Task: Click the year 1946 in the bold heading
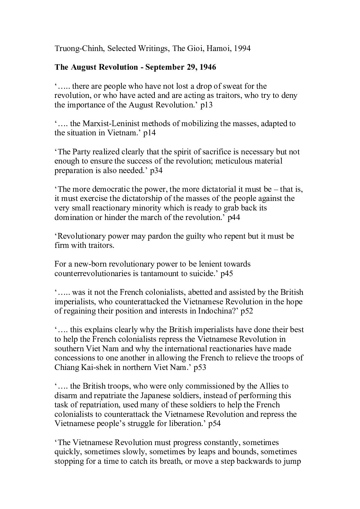(207, 67)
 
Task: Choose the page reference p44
(234, 218)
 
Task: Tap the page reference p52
(246, 311)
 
